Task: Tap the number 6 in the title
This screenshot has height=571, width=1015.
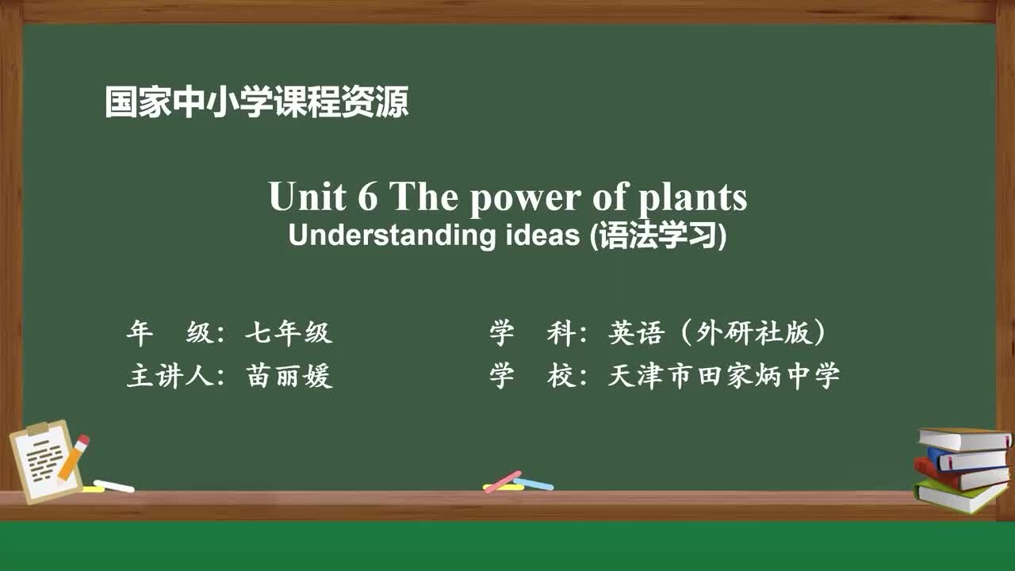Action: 367,197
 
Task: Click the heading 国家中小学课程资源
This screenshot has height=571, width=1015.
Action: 256,102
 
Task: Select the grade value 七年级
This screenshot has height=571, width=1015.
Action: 288,334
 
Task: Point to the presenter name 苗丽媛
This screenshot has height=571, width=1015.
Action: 289,376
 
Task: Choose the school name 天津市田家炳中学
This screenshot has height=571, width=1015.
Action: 723,376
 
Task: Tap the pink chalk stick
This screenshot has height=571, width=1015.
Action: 503,481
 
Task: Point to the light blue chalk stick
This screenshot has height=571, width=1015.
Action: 534,483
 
